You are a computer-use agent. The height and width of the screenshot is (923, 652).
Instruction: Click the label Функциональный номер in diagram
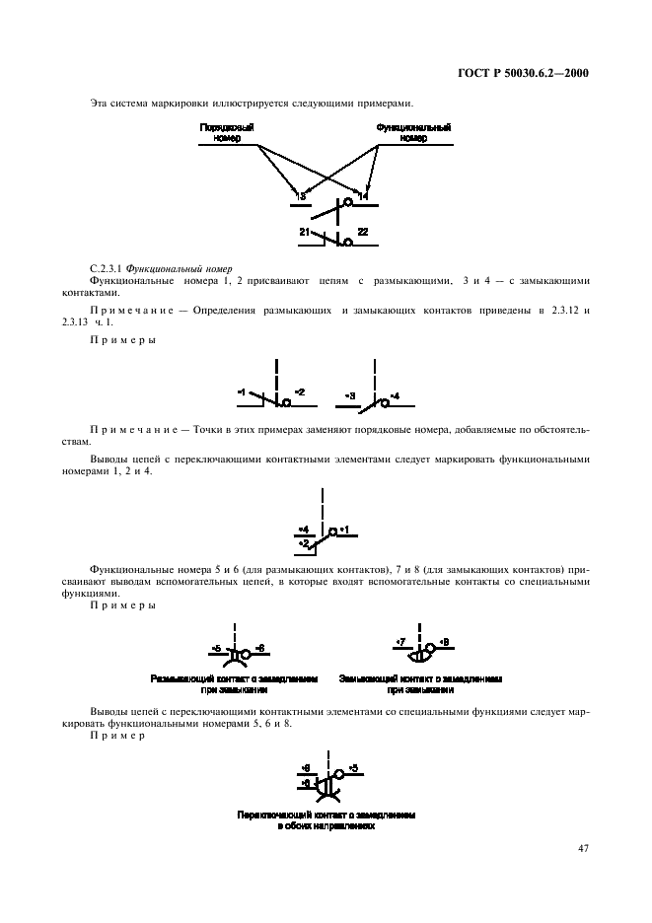pos(414,133)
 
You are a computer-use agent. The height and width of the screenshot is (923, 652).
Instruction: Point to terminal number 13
pos(301,197)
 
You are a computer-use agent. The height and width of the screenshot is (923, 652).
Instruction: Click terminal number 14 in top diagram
pos(363,197)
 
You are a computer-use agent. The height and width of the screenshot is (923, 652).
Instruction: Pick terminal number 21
pos(305,232)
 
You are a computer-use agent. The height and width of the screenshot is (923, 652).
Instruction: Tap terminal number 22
pos(362,232)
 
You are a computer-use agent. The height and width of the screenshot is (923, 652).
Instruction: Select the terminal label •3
pos(350,395)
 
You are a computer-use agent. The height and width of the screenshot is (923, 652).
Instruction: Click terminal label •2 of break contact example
pos(299,392)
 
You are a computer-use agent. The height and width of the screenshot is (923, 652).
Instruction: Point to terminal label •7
pos(399,643)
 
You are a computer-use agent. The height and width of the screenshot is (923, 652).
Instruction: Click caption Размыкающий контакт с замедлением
pos(235,679)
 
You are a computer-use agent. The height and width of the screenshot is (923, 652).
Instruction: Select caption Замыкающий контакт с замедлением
pos(421,679)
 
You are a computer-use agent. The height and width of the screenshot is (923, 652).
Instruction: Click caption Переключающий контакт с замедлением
pos(326,816)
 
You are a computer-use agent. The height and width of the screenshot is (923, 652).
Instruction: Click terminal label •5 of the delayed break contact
pos(216,648)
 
